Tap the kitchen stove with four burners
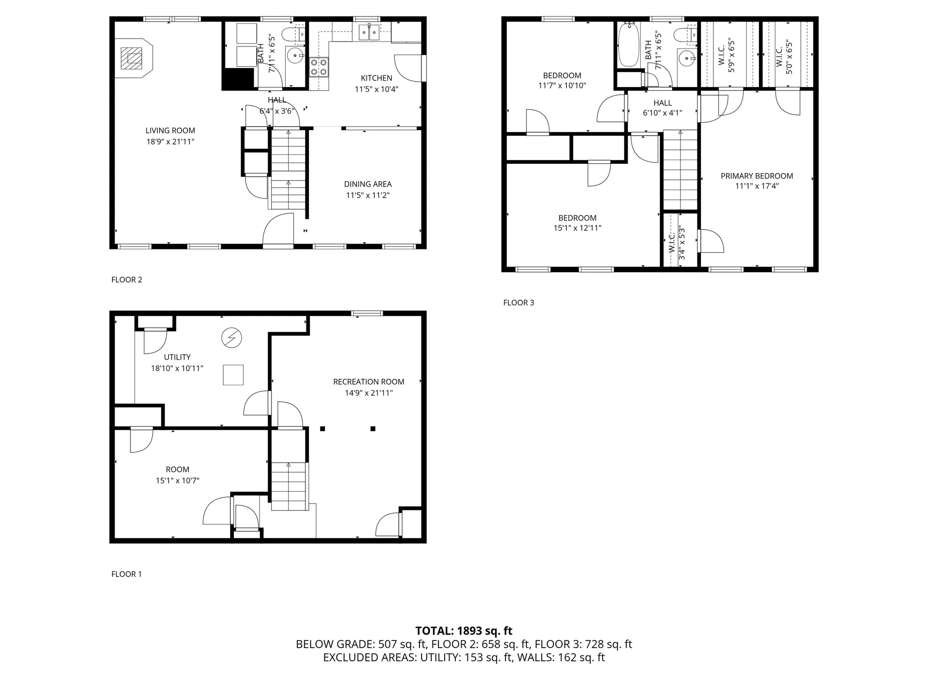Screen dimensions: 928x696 tap(319, 67)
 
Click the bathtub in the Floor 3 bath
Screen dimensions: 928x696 tap(629, 45)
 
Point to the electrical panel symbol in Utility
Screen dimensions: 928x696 tap(232, 338)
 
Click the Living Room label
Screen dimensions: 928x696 tap(170, 130)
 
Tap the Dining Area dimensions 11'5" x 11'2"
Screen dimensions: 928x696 tap(368, 195)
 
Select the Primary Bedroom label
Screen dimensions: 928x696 tap(757, 176)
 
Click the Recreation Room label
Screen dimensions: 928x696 tap(369, 382)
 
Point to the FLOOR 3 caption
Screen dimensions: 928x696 tap(519, 303)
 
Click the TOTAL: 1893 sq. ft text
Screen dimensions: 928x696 tap(464, 631)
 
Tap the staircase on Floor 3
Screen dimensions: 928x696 tap(680, 170)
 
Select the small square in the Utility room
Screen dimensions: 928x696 tap(233, 375)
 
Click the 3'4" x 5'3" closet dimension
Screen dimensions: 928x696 tap(682, 243)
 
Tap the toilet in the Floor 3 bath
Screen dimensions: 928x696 tap(685, 35)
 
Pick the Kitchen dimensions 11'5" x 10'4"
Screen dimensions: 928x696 tap(377, 89)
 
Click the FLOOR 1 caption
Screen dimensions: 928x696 tap(127, 574)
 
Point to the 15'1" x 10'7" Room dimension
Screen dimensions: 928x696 tap(177, 480)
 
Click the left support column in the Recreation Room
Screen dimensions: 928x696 tap(322, 429)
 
